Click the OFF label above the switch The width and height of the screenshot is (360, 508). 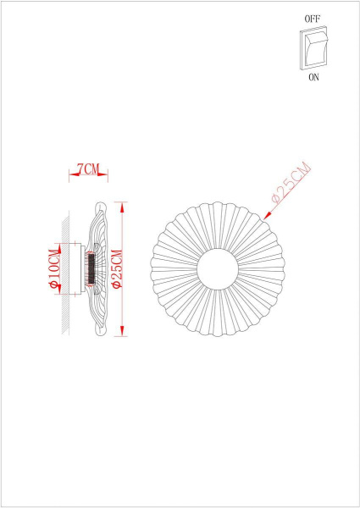click(313, 17)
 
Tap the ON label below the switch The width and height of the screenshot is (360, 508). click(313, 75)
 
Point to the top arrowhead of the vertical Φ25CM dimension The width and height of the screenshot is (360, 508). click(124, 205)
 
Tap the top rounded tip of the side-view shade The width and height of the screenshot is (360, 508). click(98, 206)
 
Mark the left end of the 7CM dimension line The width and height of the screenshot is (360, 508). click(69, 175)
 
